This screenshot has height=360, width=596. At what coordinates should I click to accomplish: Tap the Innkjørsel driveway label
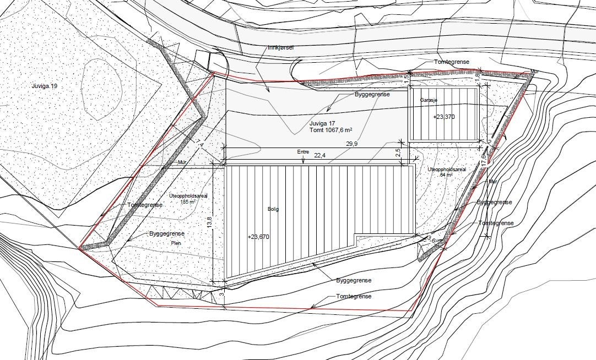click(x=281, y=48)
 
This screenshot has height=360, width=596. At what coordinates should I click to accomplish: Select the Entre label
click(x=303, y=152)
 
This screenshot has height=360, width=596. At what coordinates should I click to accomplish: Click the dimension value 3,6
click(x=431, y=239)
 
